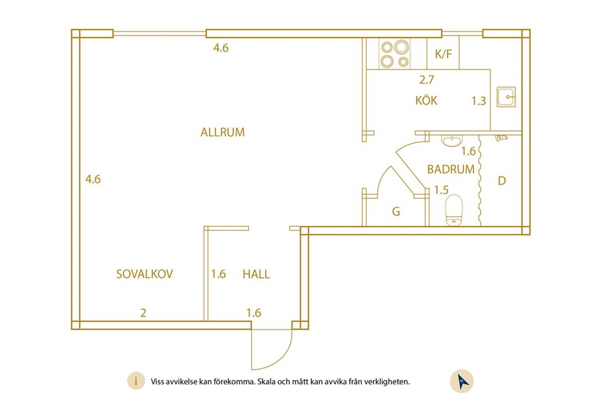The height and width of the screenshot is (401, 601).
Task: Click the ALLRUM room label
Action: click(x=222, y=132)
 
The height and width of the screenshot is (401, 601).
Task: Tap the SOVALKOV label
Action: click(x=145, y=274)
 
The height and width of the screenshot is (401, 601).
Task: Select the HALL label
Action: click(x=256, y=274)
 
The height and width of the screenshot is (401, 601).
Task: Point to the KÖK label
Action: click(x=426, y=102)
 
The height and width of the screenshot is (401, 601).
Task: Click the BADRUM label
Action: click(x=451, y=170)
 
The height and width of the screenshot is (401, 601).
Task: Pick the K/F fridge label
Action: click(x=443, y=54)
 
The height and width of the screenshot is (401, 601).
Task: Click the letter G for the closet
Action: click(x=396, y=213)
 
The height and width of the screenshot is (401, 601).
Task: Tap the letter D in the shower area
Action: click(x=502, y=180)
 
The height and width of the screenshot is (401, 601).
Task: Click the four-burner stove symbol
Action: click(x=394, y=54)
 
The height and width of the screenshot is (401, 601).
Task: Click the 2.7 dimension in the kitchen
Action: click(x=427, y=80)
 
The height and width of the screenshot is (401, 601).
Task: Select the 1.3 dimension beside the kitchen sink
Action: click(x=478, y=102)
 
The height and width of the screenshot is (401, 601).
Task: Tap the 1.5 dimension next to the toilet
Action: click(x=441, y=190)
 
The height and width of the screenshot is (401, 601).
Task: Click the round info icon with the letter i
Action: click(x=136, y=382)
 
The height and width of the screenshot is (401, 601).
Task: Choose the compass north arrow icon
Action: click(x=462, y=381)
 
